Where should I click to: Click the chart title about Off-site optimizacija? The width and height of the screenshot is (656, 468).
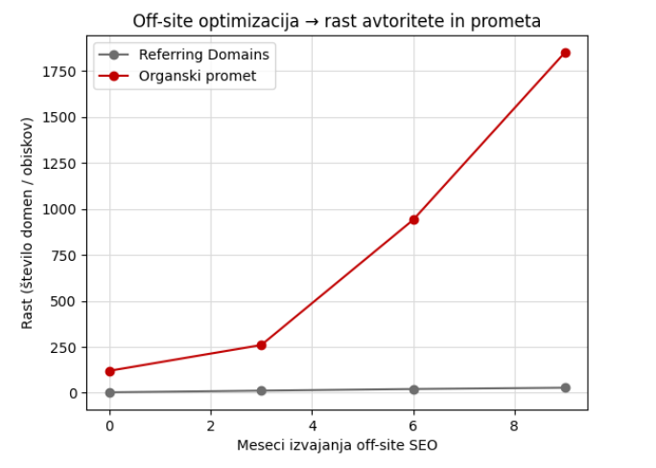[x=337, y=21]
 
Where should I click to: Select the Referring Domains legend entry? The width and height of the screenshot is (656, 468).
[x=203, y=55]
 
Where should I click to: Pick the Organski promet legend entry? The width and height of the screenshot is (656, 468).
[x=198, y=76]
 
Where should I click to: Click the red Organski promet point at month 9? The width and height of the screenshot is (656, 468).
[x=565, y=53]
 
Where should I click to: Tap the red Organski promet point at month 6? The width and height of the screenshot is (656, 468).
[x=413, y=220]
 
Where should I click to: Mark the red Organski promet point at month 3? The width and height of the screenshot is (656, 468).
[x=261, y=345]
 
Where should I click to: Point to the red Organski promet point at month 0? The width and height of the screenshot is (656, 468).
[x=109, y=371]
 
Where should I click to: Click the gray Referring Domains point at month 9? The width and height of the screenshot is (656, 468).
[x=565, y=387]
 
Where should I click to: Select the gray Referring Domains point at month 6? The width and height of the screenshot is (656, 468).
[x=413, y=389]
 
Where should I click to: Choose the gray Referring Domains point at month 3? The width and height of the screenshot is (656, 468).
[x=261, y=390]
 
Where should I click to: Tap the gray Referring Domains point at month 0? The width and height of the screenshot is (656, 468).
[x=109, y=392]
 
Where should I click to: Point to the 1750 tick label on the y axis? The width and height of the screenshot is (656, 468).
[x=60, y=72]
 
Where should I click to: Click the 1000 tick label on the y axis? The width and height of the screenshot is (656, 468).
[x=60, y=209]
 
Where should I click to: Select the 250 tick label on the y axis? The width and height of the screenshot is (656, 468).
[x=64, y=347]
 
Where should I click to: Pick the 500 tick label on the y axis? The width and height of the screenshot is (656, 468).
[x=64, y=301]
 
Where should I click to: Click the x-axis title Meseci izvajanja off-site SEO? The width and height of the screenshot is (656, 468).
[x=337, y=444]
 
